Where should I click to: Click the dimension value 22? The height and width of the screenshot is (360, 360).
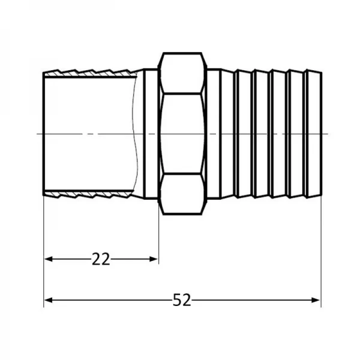[101, 259]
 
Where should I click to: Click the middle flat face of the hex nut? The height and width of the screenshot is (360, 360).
[183, 133]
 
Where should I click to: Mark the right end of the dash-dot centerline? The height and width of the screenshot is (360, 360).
[328, 133]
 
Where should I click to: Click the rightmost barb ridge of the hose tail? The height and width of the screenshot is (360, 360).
[313, 133]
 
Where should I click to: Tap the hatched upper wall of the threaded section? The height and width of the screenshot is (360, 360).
[90, 74]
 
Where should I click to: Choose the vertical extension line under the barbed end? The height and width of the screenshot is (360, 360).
[321, 252]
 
